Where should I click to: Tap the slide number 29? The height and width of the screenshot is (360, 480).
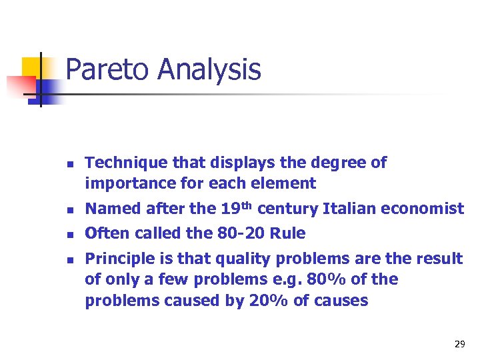(x=459, y=344)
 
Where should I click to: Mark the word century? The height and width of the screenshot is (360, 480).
(x=287, y=209)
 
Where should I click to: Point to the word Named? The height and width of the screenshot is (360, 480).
(x=109, y=209)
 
